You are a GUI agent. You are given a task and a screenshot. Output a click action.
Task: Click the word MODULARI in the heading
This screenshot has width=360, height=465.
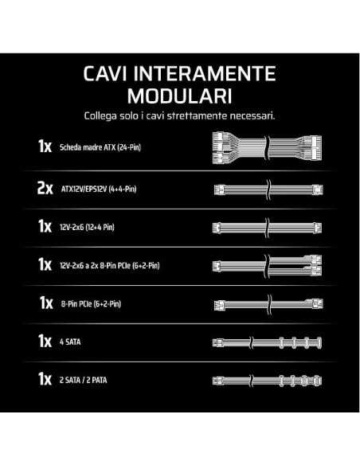tap(179, 96)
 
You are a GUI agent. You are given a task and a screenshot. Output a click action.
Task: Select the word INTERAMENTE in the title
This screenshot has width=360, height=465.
tap(205, 73)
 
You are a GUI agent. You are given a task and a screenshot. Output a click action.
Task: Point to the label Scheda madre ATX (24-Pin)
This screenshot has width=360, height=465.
tap(100, 147)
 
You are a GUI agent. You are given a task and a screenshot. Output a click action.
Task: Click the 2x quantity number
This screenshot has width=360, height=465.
tap(45, 188)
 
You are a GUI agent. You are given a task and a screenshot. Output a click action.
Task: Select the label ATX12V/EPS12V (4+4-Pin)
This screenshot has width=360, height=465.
tap(99, 189)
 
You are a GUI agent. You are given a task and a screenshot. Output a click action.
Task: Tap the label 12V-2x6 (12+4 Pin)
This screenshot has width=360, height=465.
tap(87, 227)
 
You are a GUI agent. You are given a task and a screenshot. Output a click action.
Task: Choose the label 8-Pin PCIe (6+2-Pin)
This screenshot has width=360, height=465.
tap(91, 303)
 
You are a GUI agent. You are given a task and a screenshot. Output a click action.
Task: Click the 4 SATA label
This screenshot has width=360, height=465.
tap(70, 342)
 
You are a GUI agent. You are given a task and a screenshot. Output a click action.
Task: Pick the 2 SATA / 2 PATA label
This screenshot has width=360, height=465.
tap(83, 380)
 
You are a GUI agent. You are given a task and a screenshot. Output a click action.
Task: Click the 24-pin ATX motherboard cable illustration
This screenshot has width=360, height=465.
tap(267, 147)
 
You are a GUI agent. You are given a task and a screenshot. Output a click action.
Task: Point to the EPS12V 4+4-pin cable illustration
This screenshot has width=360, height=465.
tap(268, 190)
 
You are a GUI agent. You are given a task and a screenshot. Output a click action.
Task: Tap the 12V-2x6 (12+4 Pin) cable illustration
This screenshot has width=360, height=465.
tap(267, 228)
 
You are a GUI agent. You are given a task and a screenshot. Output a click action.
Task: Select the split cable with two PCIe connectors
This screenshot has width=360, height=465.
tap(267, 266)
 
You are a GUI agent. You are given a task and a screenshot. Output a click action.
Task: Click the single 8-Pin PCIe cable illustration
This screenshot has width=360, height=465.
tap(268, 304)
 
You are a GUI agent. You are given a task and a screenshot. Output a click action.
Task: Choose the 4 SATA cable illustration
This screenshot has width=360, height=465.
tap(267, 342)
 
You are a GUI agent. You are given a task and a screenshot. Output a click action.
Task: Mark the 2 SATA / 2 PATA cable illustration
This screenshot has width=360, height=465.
tap(267, 381)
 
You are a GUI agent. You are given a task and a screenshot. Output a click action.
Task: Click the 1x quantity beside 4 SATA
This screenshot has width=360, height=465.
tap(45, 341)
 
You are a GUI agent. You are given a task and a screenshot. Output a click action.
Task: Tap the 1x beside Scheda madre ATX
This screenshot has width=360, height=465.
tap(45, 146)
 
